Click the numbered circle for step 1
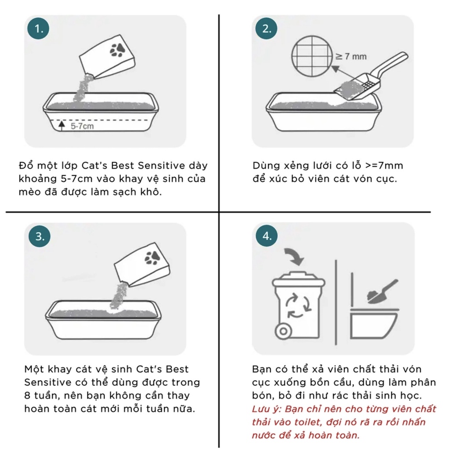tap(38, 29)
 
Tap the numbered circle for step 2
tap(266, 29)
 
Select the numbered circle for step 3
tap(39, 236)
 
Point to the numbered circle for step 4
tap(267, 236)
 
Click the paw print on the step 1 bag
tap(117, 50)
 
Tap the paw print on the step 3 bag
tap(152, 258)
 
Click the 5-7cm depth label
tap(82, 126)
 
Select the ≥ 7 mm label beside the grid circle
tap(351, 56)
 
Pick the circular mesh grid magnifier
tap(312, 56)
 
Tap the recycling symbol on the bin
tap(298, 305)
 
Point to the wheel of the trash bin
tap(283, 331)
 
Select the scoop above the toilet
tap(382, 292)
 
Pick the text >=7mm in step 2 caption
tap(384, 166)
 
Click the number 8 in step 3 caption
tap(27, 396)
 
